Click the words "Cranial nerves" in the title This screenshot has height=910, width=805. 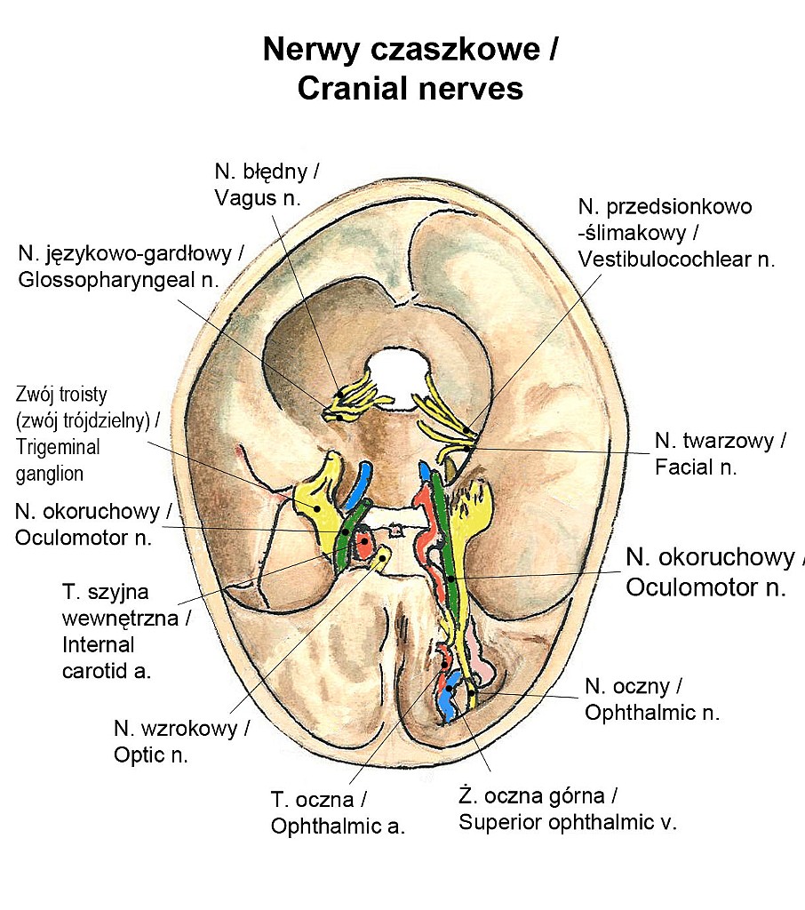410,89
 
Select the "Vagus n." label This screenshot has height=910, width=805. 258,197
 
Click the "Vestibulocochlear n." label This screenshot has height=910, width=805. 675,259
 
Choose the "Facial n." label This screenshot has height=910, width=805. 697,466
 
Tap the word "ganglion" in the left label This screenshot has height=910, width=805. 50,474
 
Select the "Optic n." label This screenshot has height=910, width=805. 151,754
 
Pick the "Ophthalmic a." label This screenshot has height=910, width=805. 338,826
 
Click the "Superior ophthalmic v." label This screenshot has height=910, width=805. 568,821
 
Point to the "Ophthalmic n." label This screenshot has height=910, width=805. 652,712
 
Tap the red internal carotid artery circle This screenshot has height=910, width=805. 363,543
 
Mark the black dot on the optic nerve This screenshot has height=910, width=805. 381,558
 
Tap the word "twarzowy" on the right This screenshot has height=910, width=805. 735,440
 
